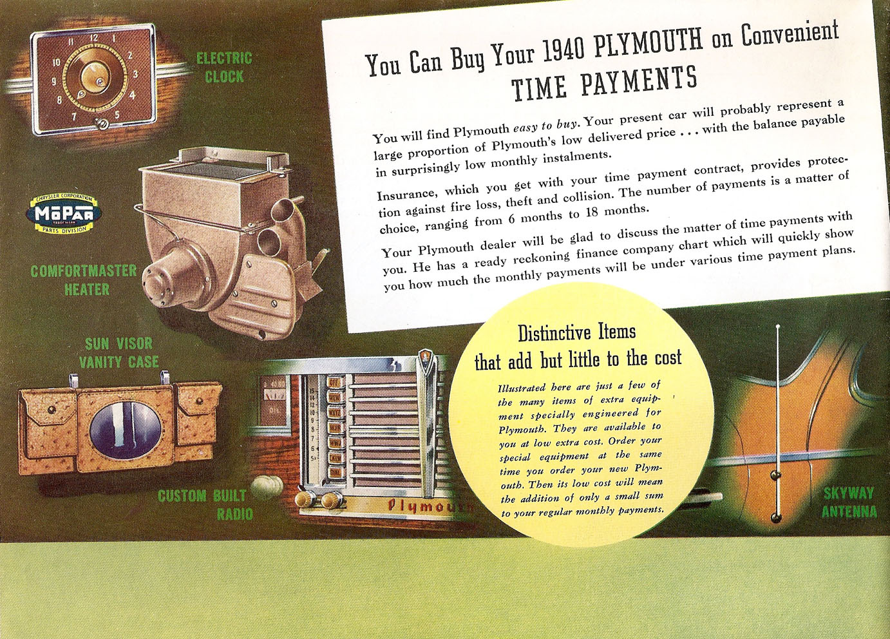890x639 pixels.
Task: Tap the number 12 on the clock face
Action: click(x=94, y=38)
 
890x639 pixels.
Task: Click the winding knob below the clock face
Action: click(x=102, y=124)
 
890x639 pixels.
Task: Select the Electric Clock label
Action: click(x=225, y=68)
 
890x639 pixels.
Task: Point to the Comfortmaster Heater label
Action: click(x=84, y=280)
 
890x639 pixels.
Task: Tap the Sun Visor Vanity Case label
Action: click(x=118, y=353)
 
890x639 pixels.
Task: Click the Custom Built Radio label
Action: click(x=205, y=504)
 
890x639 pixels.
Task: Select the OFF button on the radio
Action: click(x=333, y=383)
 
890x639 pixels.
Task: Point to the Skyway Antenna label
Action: click(x=849, y=502)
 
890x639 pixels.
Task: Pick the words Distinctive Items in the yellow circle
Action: click(x=577, y=332)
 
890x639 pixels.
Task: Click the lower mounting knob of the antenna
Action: click(x=775, y=517)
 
